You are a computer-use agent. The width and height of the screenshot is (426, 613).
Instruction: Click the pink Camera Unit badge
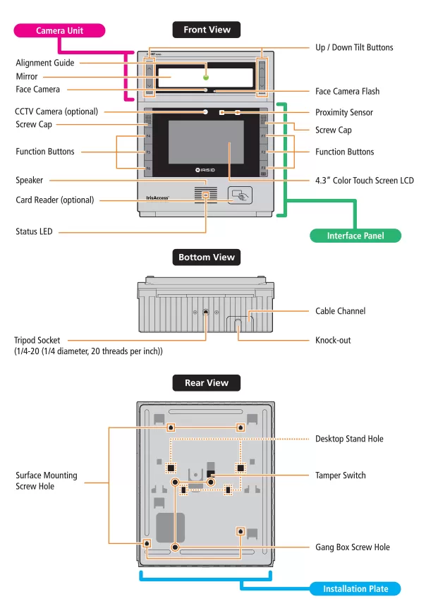click(x=60, y=30)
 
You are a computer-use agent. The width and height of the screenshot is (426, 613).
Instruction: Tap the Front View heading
click(x=206, y=30)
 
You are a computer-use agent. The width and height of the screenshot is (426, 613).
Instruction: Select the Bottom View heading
click(x=206, y=257)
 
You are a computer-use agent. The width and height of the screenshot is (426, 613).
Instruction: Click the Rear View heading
click(x=206, y=383)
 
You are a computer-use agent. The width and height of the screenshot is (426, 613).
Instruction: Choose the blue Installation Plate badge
click(x=355, y=588)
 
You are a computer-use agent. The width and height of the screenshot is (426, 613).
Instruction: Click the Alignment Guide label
click(x=44, y=63)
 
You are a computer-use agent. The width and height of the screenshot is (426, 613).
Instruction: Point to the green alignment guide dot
click(x=205, y=75)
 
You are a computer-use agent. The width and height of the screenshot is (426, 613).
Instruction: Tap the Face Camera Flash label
click(x=347, y=91)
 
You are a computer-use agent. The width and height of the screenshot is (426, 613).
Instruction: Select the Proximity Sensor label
click(x=344, y=112)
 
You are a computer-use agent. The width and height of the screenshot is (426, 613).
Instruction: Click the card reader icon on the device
click(x=239, y=196)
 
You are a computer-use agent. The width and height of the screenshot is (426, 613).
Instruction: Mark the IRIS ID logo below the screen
click(x=205, y=170)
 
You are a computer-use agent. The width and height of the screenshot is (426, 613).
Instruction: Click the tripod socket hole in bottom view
click(x=205, y=312)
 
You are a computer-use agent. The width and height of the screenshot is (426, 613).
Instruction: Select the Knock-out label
click(x=333, y=340)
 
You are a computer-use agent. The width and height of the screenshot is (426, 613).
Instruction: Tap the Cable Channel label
click(x=340, y=310)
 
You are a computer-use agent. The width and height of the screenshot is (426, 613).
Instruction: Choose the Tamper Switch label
click(x=340, y=475)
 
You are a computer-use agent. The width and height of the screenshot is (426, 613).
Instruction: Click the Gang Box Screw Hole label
click(x=352, y=547)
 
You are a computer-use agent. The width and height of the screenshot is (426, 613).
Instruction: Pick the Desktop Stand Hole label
click(x=349, y=439)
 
